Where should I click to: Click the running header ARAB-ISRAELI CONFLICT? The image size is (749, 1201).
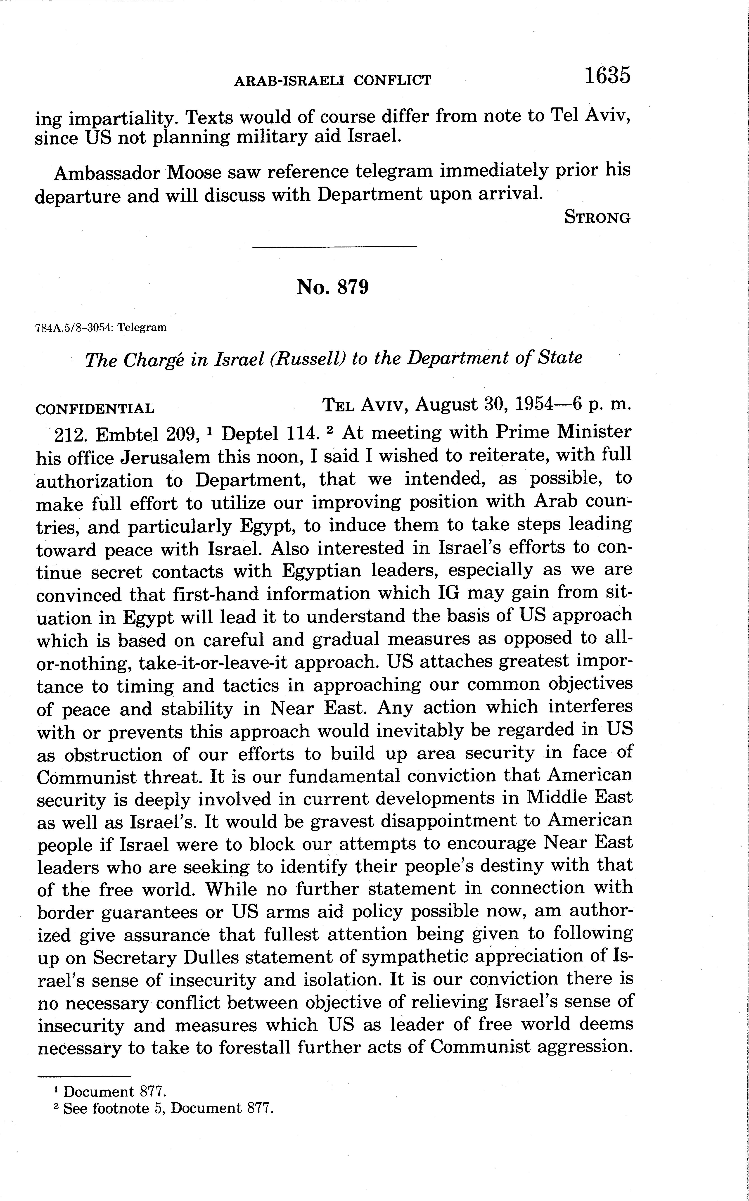point(332,80)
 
